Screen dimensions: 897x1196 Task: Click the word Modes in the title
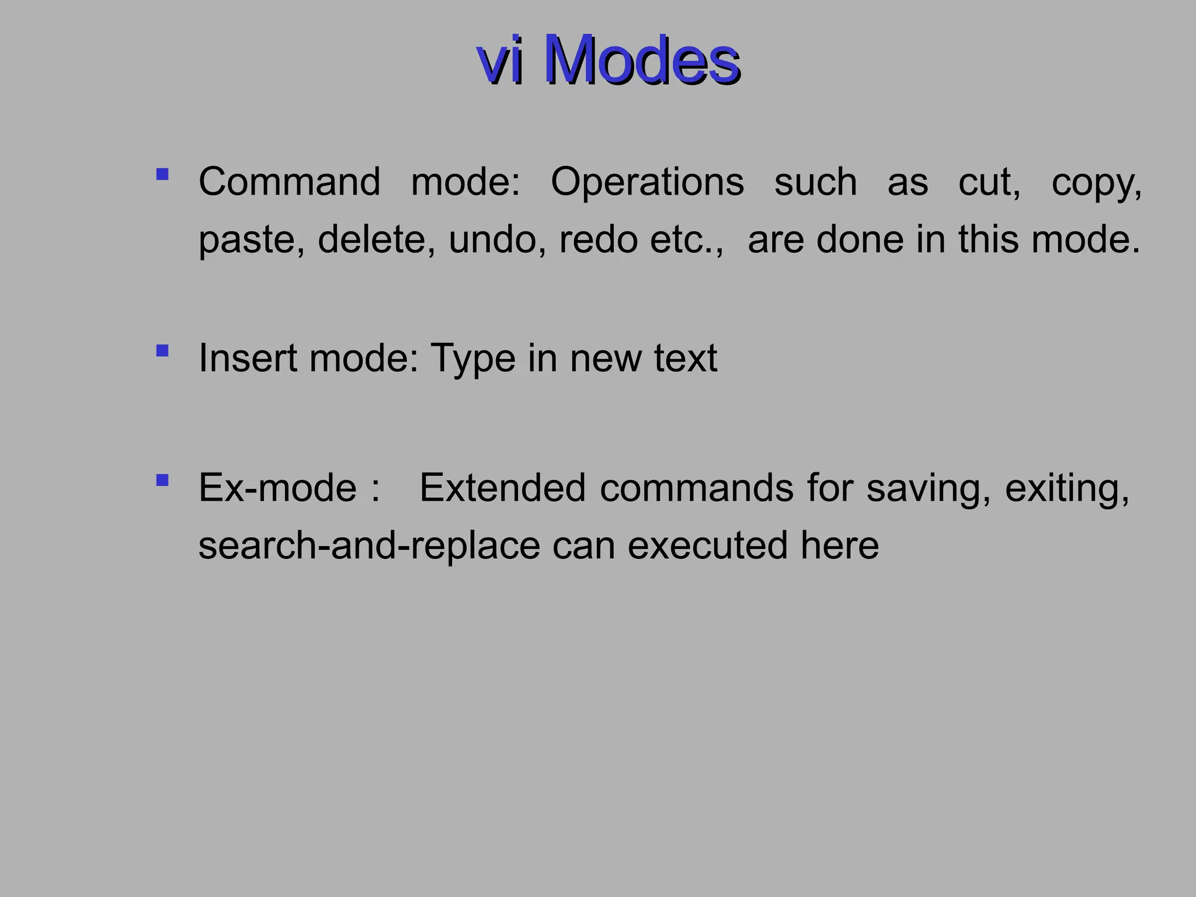point(641,60)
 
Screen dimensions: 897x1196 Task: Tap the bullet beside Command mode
point(162,174)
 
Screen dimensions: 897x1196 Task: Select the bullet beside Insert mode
point(162,350)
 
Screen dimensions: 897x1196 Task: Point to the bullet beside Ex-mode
point(162,480)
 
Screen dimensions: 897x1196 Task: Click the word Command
point(289,182)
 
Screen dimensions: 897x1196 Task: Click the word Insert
point(247,357)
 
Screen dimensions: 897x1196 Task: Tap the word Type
point(472,359)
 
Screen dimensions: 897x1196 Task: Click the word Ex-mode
point(277,488)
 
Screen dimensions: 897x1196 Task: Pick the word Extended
point(503,488)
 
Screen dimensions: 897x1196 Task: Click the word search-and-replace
point(369,545)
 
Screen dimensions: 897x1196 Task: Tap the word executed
point(707,545)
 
